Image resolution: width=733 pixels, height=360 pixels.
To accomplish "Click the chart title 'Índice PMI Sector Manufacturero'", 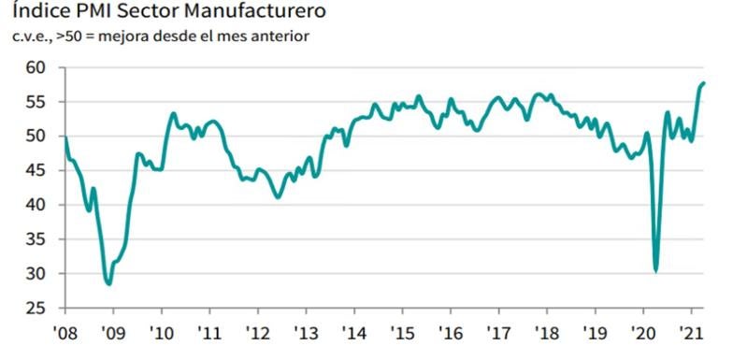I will (169, 12).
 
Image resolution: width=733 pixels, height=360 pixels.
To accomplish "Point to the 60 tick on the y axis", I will (36, 67).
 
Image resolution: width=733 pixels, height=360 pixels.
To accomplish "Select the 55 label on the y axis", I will (36, 102).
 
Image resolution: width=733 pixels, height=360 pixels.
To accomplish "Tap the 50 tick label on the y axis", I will (36, 136).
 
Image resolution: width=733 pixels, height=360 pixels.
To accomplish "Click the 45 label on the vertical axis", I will (36, 170).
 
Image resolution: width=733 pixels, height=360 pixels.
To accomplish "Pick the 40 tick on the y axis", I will (36, 205).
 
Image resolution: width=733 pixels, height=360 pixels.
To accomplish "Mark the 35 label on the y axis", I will (36, 239).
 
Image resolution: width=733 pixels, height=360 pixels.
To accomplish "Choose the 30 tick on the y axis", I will (36, 274).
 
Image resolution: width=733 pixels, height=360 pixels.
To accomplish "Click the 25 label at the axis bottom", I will (36, 308).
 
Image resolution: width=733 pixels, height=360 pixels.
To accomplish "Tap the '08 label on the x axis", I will (65, 332).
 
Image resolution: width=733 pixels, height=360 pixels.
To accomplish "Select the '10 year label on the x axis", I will (161, 332).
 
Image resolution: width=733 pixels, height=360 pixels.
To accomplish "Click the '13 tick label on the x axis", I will (305, 332).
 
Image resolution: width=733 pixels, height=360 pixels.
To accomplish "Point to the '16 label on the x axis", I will (450, 332).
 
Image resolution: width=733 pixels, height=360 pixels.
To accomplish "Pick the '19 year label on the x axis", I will (594, 332).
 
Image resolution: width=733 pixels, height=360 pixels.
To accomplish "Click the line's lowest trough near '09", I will (108, 283).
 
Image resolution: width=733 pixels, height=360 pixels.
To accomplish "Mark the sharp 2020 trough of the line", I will (656, 271).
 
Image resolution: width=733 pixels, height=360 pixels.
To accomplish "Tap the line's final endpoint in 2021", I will (704, 83).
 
